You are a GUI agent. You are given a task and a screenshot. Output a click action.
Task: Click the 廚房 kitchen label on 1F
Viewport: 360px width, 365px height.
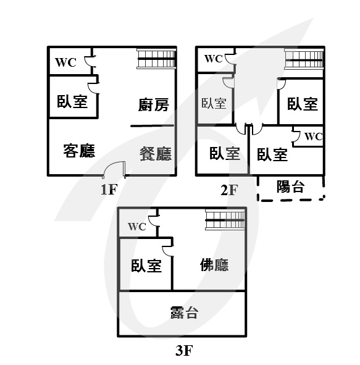[154, 105]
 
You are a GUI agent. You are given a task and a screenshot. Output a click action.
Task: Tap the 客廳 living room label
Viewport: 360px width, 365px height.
[79, 151]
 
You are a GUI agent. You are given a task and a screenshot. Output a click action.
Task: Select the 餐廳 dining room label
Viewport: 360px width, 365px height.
[156, 154]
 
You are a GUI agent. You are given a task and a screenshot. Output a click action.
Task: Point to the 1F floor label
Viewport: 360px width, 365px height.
[109, 189]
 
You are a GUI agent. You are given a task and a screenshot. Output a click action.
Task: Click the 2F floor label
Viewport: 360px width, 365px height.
[229, 190]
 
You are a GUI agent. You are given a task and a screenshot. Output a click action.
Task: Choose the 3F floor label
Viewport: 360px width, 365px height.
[184, 350]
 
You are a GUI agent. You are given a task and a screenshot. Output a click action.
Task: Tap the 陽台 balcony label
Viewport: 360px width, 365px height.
[290, 187]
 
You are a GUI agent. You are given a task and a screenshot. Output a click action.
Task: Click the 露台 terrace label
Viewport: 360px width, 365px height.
[184, 313]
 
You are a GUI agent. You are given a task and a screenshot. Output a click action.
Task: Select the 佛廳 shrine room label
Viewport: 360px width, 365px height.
[214, 265]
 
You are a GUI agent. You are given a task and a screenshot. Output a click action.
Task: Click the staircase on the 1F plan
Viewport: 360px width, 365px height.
[156, 59]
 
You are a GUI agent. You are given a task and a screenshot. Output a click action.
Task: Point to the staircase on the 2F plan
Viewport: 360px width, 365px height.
[304, 59]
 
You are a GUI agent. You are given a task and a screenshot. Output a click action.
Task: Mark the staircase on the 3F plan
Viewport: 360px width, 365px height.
[225, 220]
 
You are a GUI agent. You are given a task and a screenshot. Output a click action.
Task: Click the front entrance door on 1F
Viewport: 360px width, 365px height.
[114, 169]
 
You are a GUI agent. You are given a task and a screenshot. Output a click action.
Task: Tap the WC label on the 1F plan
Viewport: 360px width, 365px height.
[65, 62]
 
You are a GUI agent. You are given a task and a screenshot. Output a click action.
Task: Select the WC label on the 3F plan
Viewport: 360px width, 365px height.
[137, 227]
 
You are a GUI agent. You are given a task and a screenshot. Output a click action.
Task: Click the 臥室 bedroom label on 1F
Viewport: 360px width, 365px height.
[72, 101]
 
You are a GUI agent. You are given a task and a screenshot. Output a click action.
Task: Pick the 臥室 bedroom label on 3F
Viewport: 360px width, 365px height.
[146, 266]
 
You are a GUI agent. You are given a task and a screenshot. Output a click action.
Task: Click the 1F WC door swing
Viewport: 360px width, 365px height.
[88, 62]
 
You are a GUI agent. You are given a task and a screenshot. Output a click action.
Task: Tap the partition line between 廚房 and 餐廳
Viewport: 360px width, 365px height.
[152, 126]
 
